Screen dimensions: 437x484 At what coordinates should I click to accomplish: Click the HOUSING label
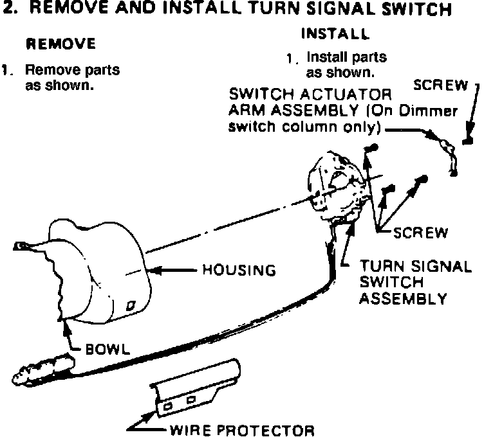(x=239, y=271)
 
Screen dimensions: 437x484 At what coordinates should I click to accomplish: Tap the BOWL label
(x=108, y=350)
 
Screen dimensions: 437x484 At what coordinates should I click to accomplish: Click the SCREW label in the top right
(x=442, y=84)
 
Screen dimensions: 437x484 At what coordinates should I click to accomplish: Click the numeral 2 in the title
(x=8, y=10)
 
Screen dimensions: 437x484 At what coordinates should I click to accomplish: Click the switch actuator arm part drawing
(x=446, y=151)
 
